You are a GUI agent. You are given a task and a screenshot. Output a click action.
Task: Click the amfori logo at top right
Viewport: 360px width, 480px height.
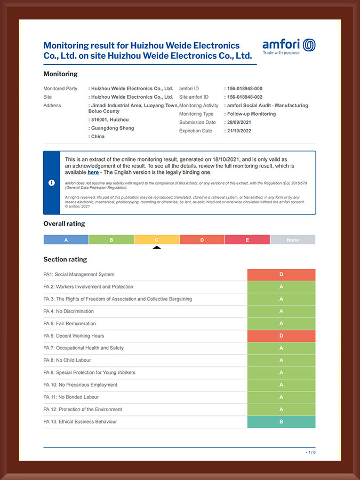click(x=289, y=46)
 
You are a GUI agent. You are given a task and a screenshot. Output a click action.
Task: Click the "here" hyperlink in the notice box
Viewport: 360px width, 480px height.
click(x=93, y=172)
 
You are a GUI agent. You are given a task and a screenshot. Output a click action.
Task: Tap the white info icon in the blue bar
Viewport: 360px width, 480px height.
click(x=52, y=183)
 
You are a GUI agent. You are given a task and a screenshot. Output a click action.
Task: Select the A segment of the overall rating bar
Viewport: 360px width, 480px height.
click(x=66, y=240)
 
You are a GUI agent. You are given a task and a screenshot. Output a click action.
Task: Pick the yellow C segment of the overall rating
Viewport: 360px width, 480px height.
click(x=157, y=240)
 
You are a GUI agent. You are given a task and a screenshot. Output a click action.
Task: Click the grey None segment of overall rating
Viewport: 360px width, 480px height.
click(x=292, y=240)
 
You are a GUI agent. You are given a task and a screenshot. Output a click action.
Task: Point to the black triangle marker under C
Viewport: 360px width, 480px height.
click(x=157, y=247)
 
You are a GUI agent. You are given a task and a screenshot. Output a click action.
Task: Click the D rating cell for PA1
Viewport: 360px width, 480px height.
click(x=281, y=275)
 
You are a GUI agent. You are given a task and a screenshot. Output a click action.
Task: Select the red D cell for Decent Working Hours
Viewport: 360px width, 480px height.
click(x=281, y=336)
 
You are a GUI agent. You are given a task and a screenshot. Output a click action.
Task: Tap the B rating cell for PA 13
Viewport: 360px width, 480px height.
click(x=281, y=422)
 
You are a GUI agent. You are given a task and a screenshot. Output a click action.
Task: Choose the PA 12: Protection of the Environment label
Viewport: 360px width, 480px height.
click(x=83, y=410)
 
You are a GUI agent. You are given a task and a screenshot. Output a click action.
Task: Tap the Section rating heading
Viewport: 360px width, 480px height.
click(x=65, y=260)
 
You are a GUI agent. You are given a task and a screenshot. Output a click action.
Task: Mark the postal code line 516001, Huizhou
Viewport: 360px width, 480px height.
click(x=110, y=120)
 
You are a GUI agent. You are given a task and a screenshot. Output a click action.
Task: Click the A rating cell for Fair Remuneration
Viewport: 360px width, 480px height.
click(x=281, y=324)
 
